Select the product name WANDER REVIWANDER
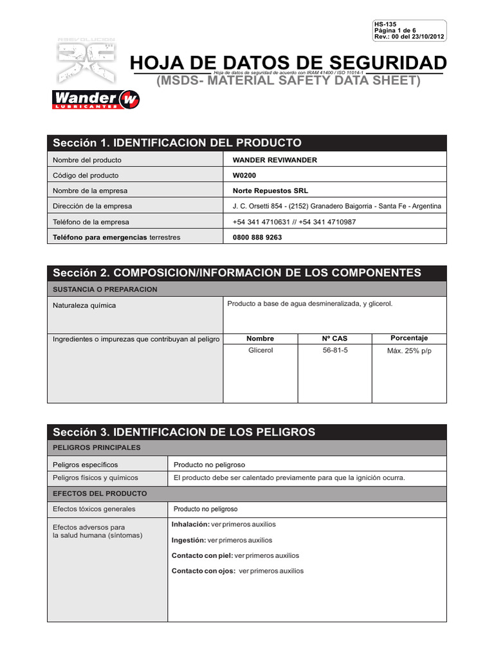pos(275,160)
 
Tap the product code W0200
pos(243,175)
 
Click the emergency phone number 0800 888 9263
pos(257,237)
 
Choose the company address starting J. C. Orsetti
pos(336,206)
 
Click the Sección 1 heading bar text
pos(177,143)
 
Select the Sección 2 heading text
pos(237,273)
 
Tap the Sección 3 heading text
pos(184,432)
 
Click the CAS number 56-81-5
pos(335,351)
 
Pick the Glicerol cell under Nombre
pos(261,351)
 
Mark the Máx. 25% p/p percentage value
pos(409,351)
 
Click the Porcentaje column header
pos(409,339)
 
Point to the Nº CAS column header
pos(334,339)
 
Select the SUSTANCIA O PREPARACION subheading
pos(105,290)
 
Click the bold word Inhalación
pos(190,524)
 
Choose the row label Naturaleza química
pos(84,306)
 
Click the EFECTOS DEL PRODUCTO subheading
pos(100,494)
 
